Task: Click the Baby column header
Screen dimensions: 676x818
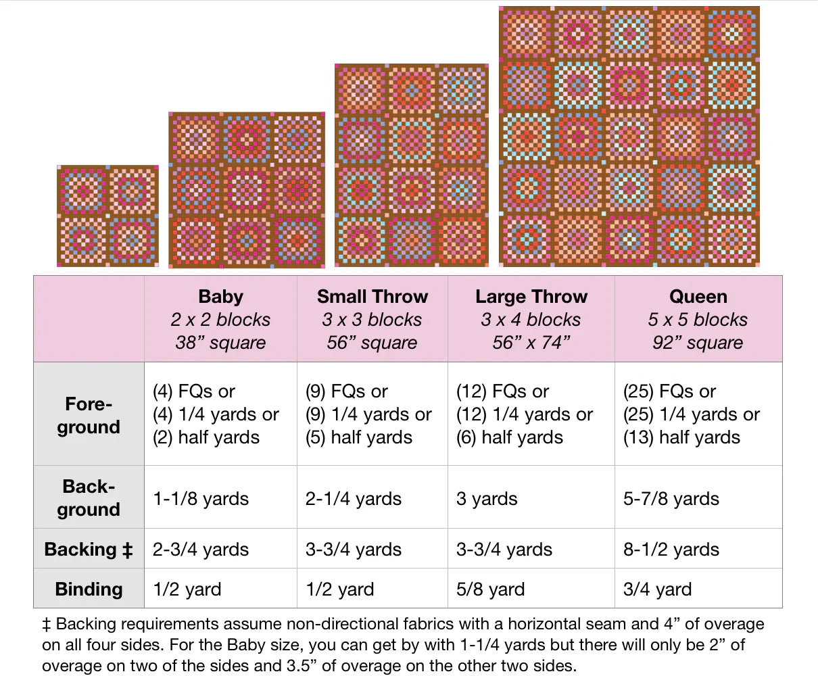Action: pos(220,297)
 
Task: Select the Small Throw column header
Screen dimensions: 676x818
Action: pos(372,297)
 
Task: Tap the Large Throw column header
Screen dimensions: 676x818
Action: pos(531,297)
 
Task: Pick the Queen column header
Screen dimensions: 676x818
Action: pos(698,297)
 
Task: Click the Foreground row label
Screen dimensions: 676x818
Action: pos(89,415)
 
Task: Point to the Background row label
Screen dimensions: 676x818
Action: pos(89,498)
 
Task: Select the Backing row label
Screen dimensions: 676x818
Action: pos(89,549)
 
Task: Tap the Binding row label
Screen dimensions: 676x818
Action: pos(89,589)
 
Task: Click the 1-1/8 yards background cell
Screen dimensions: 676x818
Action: pos(201,499)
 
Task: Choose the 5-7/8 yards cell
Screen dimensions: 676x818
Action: pos(671,499)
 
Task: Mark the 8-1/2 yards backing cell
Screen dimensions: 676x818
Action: pos(671,550)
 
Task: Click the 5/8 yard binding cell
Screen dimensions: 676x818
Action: pos(490,589)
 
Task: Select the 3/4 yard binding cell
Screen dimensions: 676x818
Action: pos(657,589)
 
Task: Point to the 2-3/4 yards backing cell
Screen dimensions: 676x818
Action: pos(201,550)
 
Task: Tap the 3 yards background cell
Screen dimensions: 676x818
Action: pos(487,499)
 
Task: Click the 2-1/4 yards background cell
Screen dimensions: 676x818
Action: pos(353,499)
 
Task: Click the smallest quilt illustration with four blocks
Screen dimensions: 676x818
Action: pos(107,216)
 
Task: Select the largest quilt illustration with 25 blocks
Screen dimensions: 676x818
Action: pos(629,137)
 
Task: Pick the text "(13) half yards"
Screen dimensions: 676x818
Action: pos(681,437)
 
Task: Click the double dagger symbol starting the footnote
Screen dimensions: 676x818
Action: pos(47,624)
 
